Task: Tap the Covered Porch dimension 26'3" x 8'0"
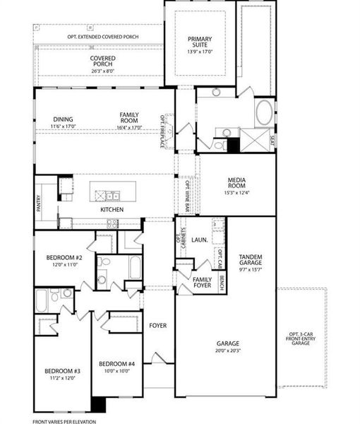coord(102,71)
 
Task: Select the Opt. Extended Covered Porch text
coord(102,35)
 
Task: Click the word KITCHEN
coord(112,210)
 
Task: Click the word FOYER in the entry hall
coord(157,325)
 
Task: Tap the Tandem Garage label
coord(251,260)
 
